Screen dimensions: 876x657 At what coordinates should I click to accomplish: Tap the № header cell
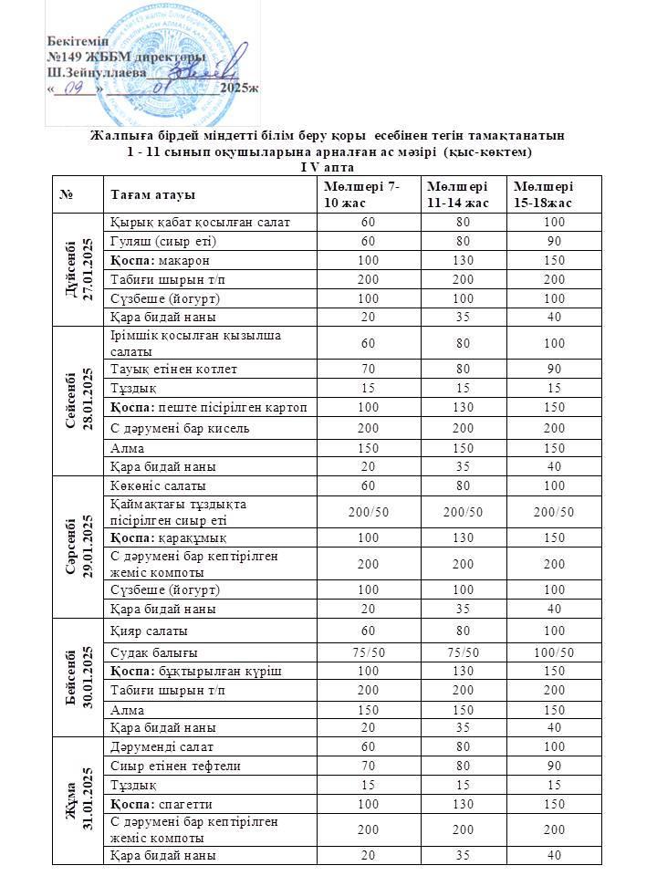tap(67, 195)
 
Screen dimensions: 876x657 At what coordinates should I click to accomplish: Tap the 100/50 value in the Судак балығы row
tap(553, 652)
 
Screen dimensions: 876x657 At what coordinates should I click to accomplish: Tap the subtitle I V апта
tap(328, 167)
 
